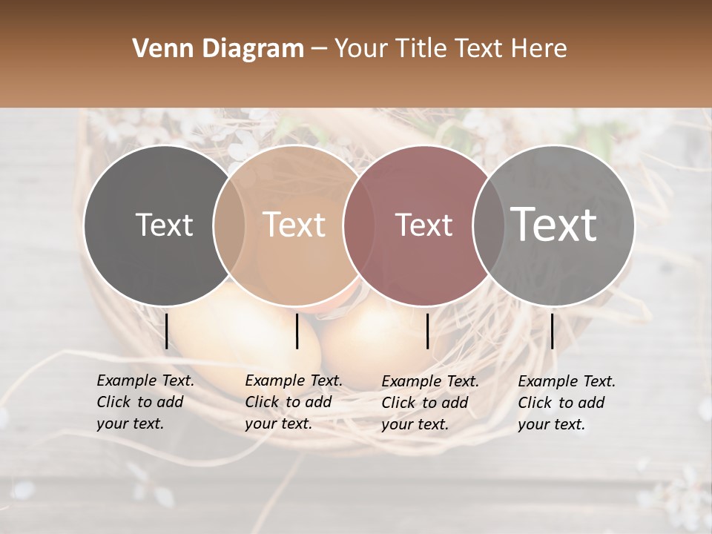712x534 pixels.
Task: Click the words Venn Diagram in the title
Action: click(218, 49)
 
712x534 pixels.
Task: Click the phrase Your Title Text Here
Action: click(450, 49)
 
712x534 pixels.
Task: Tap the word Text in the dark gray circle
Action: click(164, 225)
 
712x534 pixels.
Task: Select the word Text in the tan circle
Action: click(294, 225)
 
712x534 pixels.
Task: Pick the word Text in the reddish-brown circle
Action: click(424, 225)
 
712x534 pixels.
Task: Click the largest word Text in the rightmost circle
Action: click(554, 224)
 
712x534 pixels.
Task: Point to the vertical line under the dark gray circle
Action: click(167, 331)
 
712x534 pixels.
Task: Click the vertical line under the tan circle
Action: click(297, 331)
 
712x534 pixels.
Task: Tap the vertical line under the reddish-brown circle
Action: click(428, 331)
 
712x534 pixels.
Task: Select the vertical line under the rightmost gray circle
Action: click(553, 331)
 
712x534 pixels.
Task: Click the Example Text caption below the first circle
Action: click(145, 402)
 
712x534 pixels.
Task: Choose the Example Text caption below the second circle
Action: click(293, 402)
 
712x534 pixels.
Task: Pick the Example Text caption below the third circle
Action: click(430, 403)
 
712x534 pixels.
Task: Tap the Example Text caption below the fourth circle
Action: click(567, 403)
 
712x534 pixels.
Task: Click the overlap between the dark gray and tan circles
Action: click(229, 225)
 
